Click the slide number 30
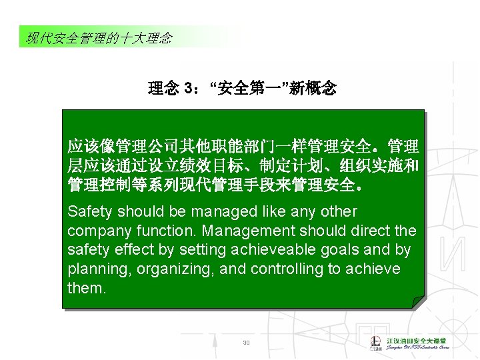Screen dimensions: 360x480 [246, 343]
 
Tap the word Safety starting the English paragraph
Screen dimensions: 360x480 [90, 212]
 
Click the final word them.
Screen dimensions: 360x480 [87, 289]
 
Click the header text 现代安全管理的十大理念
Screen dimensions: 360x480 [99, 38]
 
